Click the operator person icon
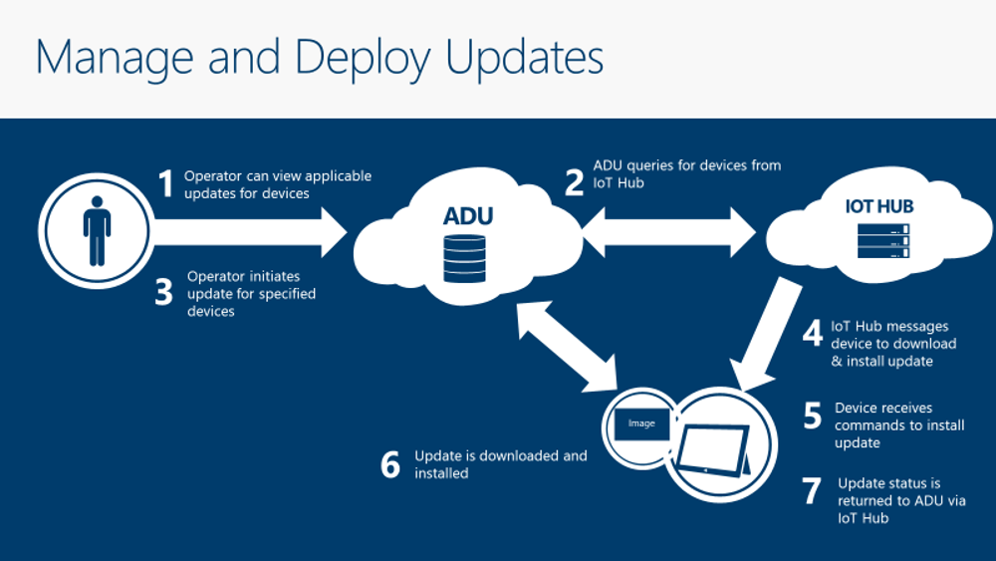[x=97, y=230]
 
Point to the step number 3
[x=165, y=295]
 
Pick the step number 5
[x=813, y=416]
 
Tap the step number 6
[x=390, y=464]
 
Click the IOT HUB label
[x=873, y=207]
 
